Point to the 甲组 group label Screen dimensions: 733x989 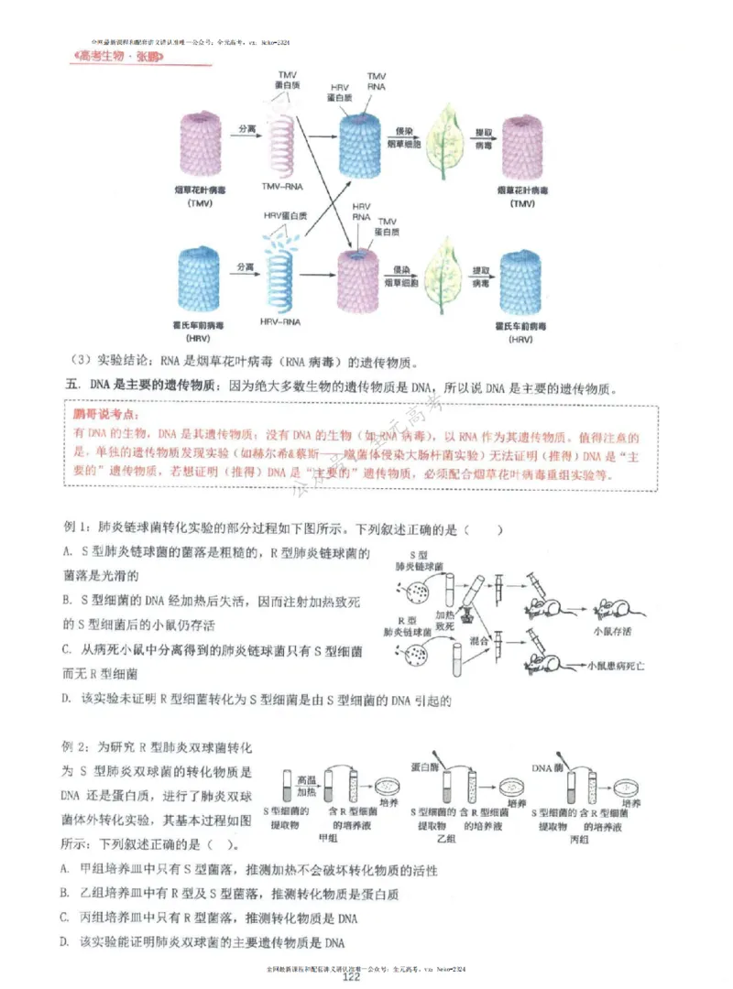tap(326, 837)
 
